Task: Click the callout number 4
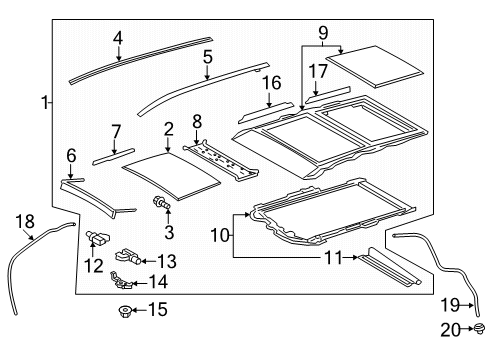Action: pyautogui.click(x=118, y=39)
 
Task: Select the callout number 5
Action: pyautogui.click(x=207, y=57)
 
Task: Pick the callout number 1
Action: pyautogui.click(x=43, y=102)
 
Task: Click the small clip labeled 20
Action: pyautogui.click(x=480, y=327)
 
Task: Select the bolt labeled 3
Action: pyautogui.click(x=158, y=204)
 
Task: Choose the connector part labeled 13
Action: pyautogui.click(x=127, y=254)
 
